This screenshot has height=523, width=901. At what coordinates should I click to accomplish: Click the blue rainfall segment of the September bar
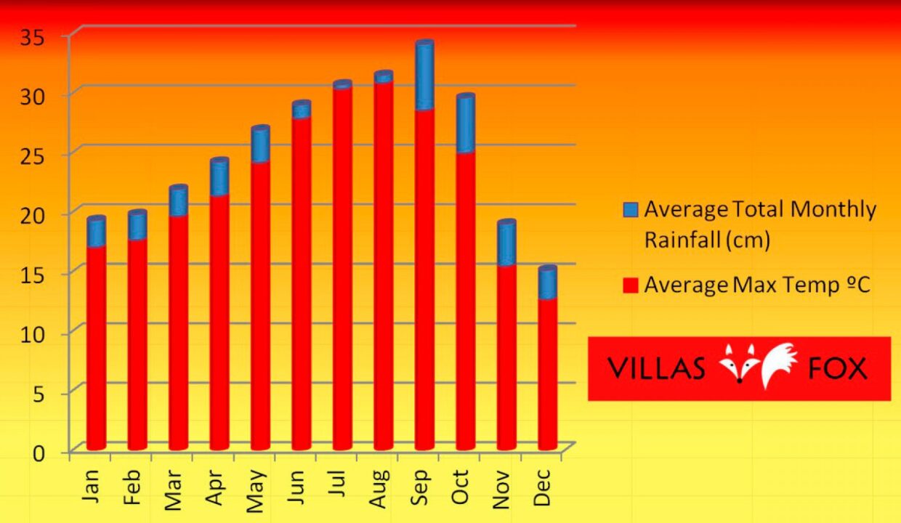pos(424,76)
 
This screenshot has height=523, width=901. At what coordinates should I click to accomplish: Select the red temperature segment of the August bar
pos(384,261)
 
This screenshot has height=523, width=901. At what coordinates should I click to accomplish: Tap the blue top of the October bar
pos(466,123)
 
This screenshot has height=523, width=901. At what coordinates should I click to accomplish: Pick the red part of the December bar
pos(548,370)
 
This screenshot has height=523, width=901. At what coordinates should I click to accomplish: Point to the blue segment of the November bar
pos(506,243)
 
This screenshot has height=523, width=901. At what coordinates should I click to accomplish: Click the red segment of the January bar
pos(96,345)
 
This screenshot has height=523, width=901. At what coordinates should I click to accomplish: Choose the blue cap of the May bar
pos(260,145)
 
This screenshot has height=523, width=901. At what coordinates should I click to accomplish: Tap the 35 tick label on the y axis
pos(33,36)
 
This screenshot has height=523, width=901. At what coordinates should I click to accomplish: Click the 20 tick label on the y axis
pos(33,214)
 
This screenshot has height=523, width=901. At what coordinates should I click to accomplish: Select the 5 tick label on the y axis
pos(39,393)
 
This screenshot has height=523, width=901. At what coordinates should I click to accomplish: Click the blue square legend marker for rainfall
pos(631,211)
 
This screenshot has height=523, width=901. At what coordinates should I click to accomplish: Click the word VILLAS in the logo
pos(656,368)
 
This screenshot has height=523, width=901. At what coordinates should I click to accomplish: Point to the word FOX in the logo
pos(837,368)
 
